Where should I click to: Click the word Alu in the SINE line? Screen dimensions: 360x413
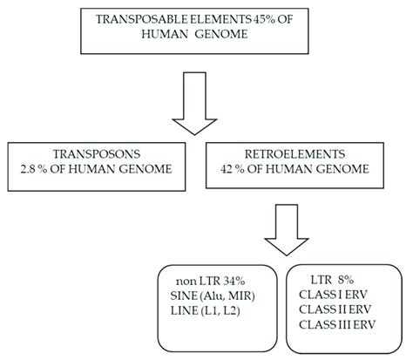pyautogui.click(x=200, y=295)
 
